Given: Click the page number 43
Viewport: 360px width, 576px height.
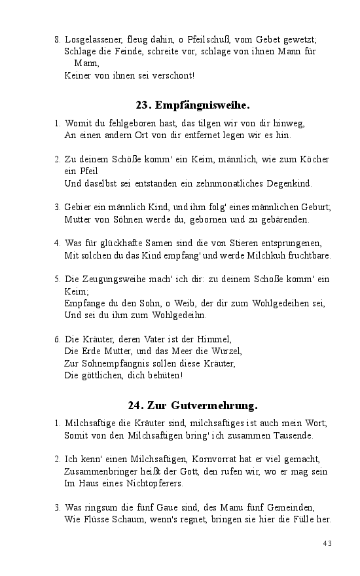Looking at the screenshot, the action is pyautogui.click(x=328, y=543).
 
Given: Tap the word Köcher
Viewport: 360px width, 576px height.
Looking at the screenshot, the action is pyautogui.click(x=314, y=159).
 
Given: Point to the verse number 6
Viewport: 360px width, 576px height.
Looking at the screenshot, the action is pyautogui.click(x=58, y=339).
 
